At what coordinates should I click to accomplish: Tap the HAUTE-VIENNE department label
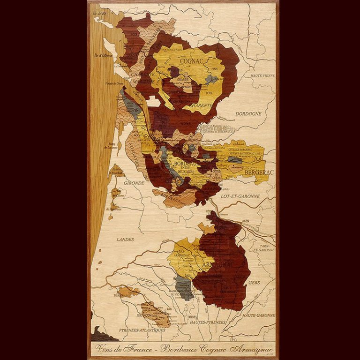(x=262, y=75)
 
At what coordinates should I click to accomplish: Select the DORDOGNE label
(x=248, y=113)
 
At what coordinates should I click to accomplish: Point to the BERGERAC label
(x=259, y=172)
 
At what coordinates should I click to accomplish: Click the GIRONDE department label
(x=134, y=183)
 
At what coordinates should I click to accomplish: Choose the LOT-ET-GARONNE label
(x=241, y=196)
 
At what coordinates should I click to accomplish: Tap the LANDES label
(x=125, y=239)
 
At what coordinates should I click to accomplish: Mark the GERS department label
(x=254, y=283)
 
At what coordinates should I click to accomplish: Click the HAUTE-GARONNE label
(x=258, y=315)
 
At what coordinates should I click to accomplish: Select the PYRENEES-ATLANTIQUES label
(x=142, y=330)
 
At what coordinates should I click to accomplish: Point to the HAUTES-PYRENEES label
(x=208, y=322)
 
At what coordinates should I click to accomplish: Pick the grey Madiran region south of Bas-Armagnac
(x=184, y=287)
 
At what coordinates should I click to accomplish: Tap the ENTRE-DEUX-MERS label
(x=181, y=172)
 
